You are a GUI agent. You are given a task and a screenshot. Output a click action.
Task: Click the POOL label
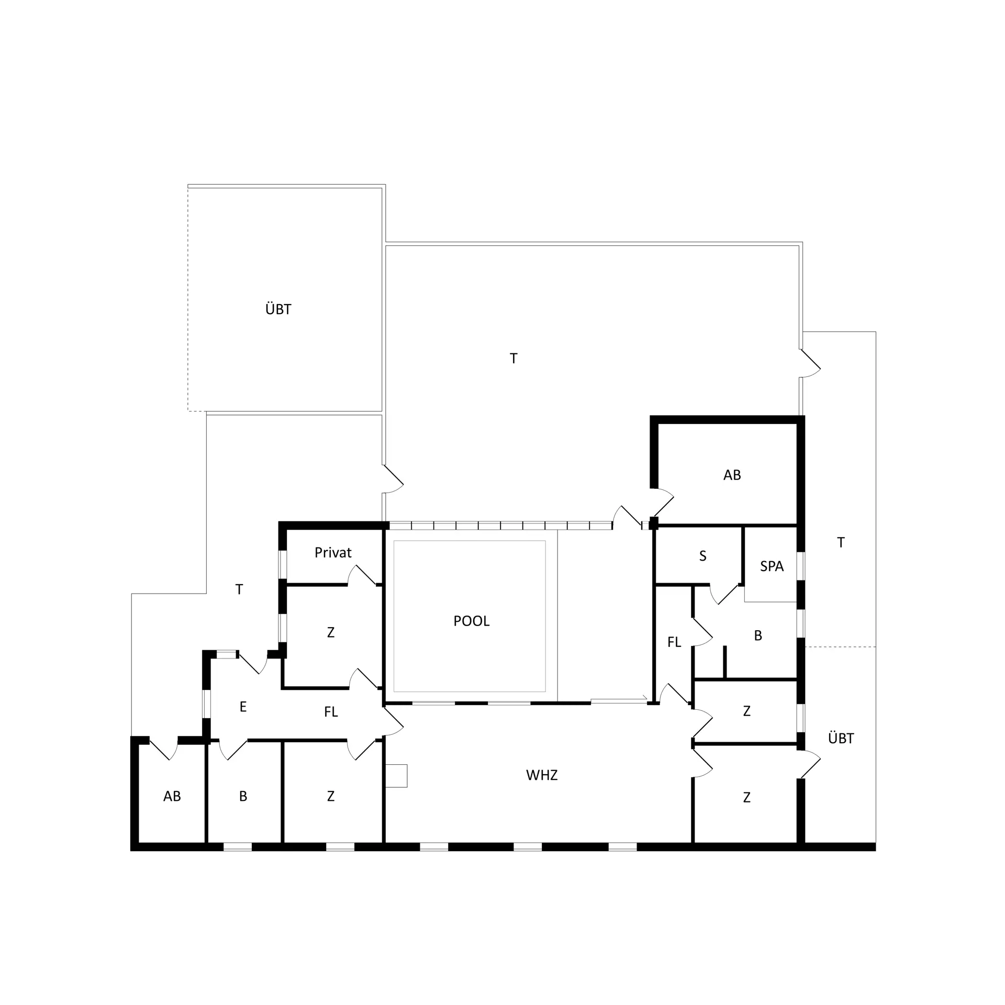tap(471, 621)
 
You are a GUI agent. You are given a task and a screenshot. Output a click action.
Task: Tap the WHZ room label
tap(542, 775)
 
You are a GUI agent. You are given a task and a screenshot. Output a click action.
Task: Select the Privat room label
tap(333, 552)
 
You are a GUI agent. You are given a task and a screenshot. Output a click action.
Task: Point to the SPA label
tap(772, 566)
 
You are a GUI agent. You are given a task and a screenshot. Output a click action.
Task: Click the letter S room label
tap(703, 556)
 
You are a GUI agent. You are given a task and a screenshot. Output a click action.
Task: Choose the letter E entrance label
tap(243, 707)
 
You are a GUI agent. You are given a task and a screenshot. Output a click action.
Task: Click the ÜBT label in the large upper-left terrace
tap(278, 309)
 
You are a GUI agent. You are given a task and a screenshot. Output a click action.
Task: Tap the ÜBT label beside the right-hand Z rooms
tap(841, 738)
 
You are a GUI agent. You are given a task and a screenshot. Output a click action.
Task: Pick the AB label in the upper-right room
tap(732, 475)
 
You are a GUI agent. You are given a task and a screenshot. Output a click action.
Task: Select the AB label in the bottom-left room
tap(172, 796)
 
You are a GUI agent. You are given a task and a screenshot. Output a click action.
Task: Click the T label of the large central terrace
tap(513, 359)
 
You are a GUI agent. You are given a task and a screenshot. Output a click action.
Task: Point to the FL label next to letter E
tap(331, 712)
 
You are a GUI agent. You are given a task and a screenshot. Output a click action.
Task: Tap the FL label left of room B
tap(674, 642)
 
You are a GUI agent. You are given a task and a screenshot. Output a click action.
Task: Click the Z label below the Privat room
tap(330, 632)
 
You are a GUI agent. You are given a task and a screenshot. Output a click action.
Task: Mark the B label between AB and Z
tap(243, 796)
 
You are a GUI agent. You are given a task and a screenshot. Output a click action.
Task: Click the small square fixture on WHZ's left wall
tap(396, 776)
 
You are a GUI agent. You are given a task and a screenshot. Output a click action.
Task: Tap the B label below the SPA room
tap(758, 635)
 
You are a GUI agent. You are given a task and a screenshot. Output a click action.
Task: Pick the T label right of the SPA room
tap(841, 543)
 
